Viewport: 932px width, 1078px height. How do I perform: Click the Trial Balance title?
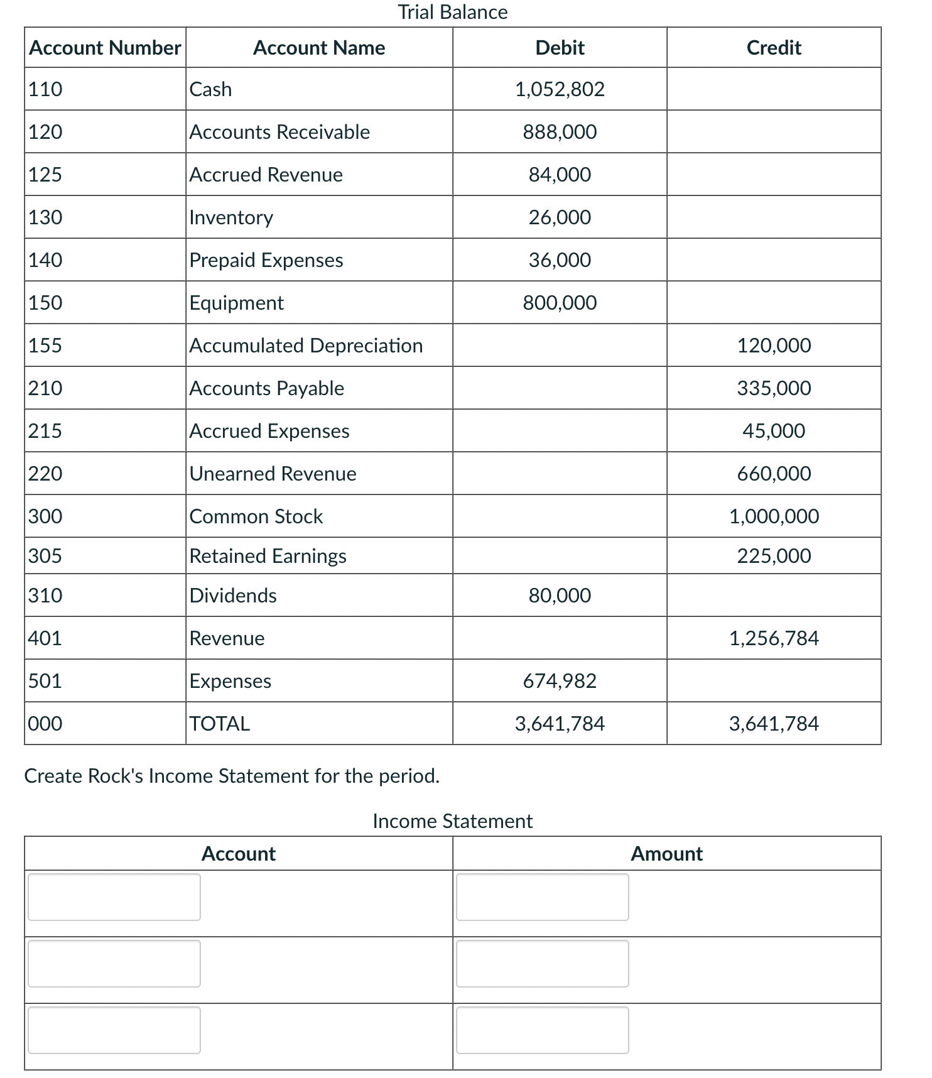point(452,12)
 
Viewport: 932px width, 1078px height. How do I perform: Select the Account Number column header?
point(105,48)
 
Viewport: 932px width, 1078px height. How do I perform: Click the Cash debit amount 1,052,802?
point(559,89)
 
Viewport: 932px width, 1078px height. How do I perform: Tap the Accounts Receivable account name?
point(279,132)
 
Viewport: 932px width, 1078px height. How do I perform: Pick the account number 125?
point(45,175)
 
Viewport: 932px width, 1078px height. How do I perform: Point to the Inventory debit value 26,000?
point(559,217)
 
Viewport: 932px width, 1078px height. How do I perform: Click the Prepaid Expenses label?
point(266,260)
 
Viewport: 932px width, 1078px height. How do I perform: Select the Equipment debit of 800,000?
point(559,303)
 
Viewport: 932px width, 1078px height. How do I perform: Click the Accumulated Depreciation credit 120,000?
point(773,346)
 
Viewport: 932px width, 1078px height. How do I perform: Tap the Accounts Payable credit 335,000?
point(773,388)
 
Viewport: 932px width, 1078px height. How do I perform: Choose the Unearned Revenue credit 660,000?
point(773,474)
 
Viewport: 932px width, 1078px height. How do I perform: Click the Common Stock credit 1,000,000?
point(773,516)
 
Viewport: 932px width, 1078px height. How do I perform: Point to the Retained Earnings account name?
point(268,556)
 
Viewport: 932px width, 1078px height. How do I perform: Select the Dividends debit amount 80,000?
point(559,596)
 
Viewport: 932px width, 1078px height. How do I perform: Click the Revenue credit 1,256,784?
point(773,638)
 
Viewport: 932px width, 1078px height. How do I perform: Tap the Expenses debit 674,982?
point(559,681)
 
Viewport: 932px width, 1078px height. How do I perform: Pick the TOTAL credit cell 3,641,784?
point(773,724)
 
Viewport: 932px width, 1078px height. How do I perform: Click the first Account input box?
point(114,897)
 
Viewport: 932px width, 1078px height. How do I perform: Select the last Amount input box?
point(542,1030)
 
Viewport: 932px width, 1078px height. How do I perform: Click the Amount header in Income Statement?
point(666,854)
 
